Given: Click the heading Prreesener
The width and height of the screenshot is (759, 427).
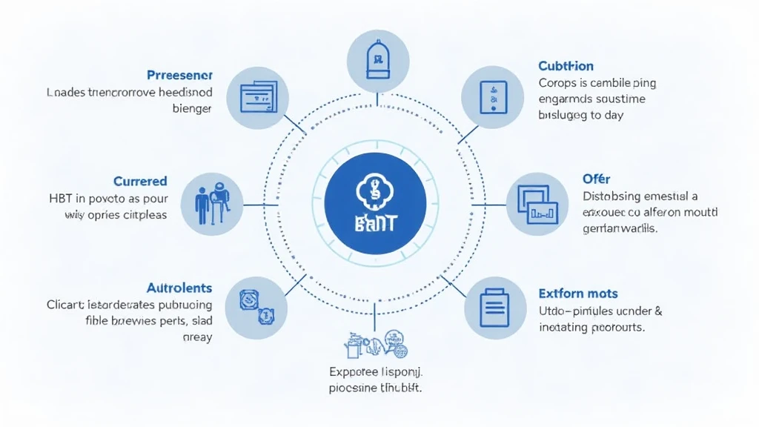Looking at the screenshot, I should (x=179, y=75).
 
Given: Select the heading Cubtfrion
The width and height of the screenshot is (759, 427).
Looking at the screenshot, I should (x=566, y=66).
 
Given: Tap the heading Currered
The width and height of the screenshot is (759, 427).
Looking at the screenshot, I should (x=140, y=181).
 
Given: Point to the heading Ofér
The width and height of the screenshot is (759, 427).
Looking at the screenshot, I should (x=596, y=179).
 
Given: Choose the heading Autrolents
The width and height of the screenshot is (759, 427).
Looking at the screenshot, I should (x=179, y=288).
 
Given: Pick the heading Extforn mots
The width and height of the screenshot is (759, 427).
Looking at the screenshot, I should (x=578, y=294).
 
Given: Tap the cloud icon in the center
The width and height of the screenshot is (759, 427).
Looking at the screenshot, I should (x=375, y=192).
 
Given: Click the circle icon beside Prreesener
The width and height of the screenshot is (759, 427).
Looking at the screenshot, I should (x=258, y=98).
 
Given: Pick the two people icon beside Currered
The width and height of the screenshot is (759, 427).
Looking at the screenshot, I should (x=212, y=203).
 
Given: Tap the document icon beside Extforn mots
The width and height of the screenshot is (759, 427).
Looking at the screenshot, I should (x=494, y=307).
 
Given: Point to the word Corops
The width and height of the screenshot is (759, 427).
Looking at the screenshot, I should (x=557, y=83).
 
